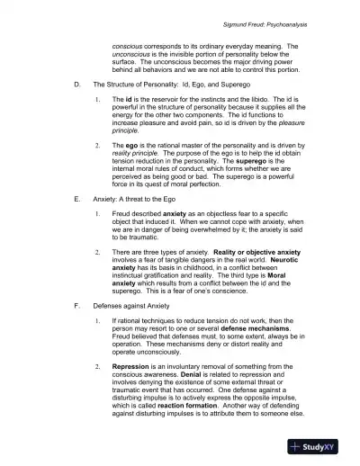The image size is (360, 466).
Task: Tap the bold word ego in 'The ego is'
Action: click(x=132, y=145)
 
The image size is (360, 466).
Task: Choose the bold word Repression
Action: click(x=135, y=368)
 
